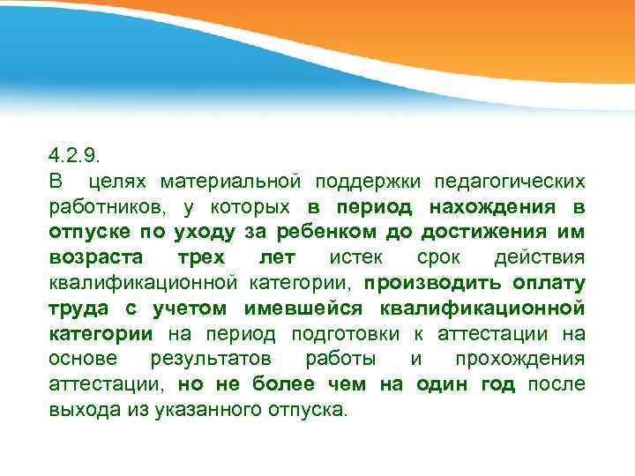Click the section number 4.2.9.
click(76, 156)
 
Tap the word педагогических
click(509, 182)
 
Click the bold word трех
click(201, 258)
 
